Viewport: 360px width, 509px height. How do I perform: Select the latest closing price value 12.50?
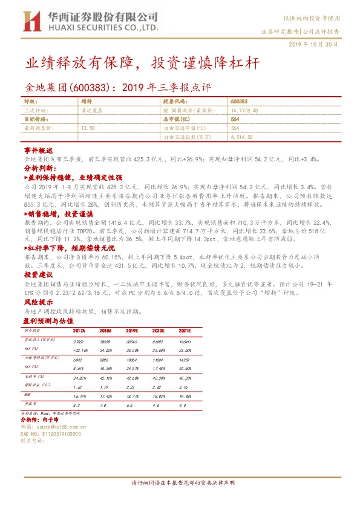coord(88,128)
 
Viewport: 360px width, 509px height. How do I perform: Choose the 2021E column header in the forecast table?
coord(183,331)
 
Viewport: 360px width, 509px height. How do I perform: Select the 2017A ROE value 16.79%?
coord(79,396)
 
